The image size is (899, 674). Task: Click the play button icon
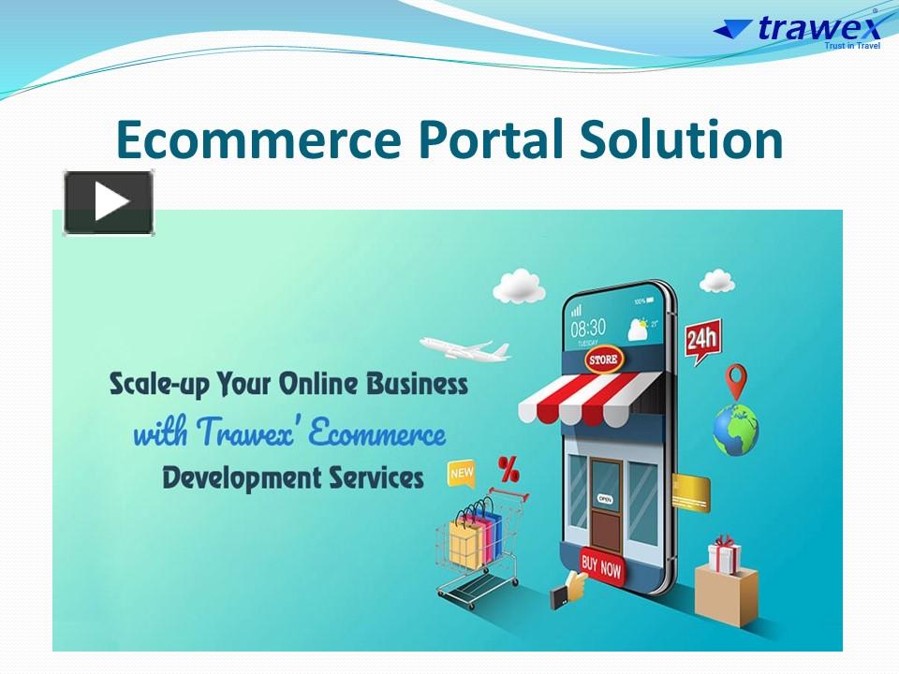point(109,202)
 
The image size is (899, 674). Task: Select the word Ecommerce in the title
point(258,140)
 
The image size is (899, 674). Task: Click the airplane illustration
point(464,348)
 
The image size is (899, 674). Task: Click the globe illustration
point(735,432)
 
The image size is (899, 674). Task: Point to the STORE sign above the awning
point(603,359)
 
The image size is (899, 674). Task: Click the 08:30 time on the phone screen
point(588,328)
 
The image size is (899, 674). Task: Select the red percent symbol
point(508,467)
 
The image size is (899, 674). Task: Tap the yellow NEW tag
point(462,473)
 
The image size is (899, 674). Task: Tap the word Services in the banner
point(375,477)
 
